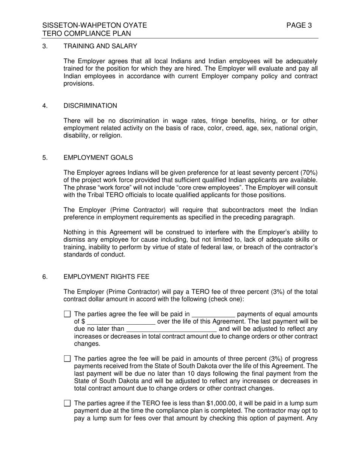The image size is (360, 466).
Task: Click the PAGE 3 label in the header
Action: pos(299,25)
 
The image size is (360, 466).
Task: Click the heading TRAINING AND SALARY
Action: pos(100,46)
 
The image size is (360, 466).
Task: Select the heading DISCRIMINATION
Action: pos(90,106)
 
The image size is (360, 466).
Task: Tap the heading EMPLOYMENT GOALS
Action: pos(98,158)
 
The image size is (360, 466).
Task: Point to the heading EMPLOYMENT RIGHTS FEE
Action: pos(106,277)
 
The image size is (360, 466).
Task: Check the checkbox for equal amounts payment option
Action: pos(67,314)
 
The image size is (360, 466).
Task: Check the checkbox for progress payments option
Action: pos(67,359)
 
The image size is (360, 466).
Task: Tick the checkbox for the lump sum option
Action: pos(67,403)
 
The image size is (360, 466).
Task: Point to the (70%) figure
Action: pos(308,173)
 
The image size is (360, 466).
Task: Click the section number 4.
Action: pos(45,106)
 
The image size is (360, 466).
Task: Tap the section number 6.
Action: pos(45,277)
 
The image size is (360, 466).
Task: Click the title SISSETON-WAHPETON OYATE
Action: pos(94,25)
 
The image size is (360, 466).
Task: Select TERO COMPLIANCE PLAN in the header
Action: pos(87,33)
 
